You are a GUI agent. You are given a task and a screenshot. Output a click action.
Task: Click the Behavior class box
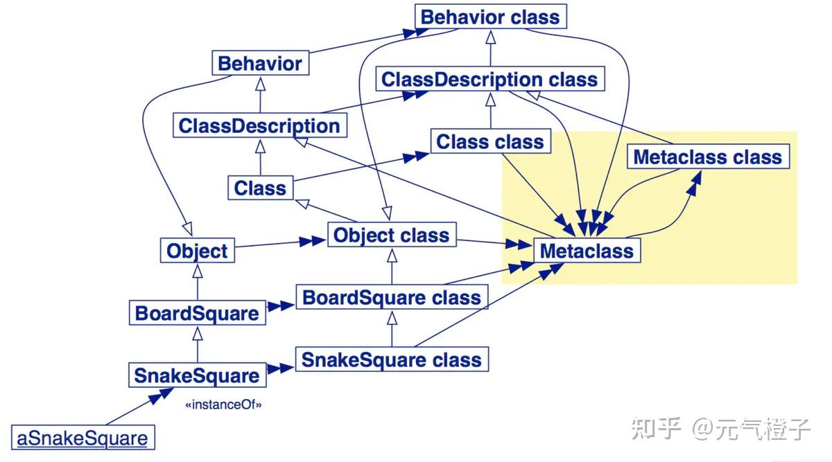[491, 17]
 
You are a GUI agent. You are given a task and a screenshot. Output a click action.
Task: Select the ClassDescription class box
[490, 79]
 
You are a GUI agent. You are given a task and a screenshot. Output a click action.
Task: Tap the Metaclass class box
[709, 157]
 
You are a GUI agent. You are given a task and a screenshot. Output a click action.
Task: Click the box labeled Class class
[491, 141]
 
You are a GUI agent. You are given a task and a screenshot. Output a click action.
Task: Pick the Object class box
[392, 235]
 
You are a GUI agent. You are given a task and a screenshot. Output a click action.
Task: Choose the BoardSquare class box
[392, 297]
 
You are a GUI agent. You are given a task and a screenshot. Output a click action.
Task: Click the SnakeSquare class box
[392, 359]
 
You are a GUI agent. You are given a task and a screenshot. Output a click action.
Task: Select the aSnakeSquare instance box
[83, 438]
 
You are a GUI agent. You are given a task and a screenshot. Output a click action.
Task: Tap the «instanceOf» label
[223, 405]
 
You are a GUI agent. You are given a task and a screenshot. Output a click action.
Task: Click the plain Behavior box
[261, 63]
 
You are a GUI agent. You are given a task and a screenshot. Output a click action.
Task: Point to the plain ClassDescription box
[260, 125]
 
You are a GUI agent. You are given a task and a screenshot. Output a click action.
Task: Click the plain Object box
[197, 251]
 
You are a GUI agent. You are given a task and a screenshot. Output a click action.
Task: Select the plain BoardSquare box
[197, 313]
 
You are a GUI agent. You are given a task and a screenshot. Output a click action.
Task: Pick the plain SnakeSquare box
[197, 375]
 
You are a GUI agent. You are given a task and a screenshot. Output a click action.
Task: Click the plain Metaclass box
[587, 251]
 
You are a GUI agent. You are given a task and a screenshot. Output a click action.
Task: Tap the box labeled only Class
[261, 188]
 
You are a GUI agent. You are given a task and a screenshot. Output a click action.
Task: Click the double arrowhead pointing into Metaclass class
[695, 184]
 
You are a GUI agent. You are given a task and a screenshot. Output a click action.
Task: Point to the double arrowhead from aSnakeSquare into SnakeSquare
[161, 396]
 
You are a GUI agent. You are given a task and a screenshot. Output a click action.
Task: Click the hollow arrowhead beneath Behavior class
[491, 37]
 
